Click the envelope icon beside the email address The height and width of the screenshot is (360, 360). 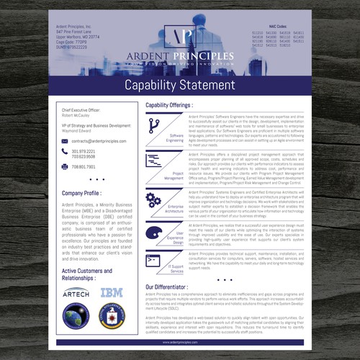65,141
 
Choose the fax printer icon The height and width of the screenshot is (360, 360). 65,166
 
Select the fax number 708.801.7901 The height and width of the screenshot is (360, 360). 84,166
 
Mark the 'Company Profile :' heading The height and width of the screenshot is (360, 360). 82,194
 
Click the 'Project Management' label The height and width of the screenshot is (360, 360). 174,175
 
